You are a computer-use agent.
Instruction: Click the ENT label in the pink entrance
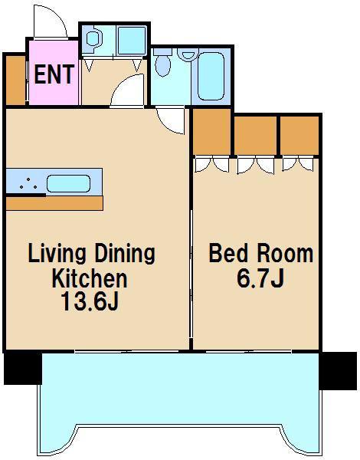(x=54, y=74)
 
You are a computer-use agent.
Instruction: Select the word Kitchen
(x=90, y=279)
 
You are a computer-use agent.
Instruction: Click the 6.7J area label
(x=260, y=278)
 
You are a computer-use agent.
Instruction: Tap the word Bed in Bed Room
(x=228, y=254)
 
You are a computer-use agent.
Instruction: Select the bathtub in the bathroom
(x=211, y=76)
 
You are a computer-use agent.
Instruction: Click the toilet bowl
(x=162, y=65)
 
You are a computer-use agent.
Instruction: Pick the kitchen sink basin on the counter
(x=68, y=184)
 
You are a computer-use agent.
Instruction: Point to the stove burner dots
(x=28, y=184)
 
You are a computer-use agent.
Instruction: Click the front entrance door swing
(x=50, y=22)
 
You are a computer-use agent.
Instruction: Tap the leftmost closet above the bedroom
(x=212, y=131)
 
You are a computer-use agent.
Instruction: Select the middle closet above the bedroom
(x=256, y=135)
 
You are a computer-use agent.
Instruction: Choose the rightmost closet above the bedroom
(x=299, y=135)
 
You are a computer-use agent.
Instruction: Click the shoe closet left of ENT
(x=15, y=80)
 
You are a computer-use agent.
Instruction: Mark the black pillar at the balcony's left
(x=23, y=368)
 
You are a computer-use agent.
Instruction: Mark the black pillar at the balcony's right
(x=338, y=371)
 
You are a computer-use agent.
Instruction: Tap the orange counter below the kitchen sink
(x=54, y=204)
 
